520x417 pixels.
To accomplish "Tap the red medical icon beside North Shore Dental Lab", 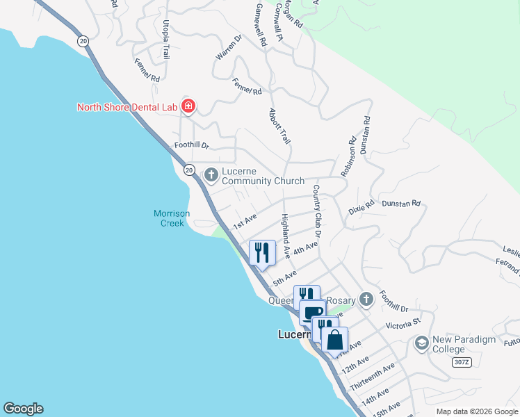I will click(188, 106).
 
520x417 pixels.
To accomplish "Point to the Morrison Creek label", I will click(172, 218).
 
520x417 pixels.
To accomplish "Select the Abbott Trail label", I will click(279, 126).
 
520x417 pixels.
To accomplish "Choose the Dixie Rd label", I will click(361, 207).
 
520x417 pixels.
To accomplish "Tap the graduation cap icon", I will click(421, 343).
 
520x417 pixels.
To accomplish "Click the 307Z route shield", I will click(461, 363).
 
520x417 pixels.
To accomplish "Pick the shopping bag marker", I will click(335, 341).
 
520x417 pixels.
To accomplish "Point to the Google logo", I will click(23, 409).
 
